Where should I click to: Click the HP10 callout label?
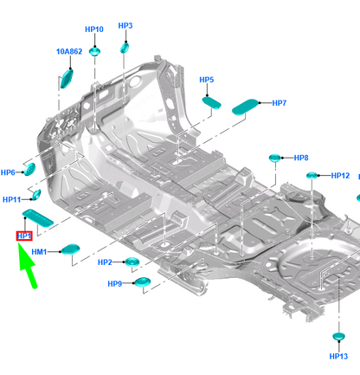(94, 29)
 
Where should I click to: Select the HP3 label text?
(125, 26)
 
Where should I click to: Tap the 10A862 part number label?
(69, 52)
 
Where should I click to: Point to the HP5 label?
(207, 80)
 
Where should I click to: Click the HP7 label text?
(280, 103)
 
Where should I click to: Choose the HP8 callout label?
(301, 158)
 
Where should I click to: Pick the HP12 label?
(340, 176)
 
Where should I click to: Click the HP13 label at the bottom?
(338, 356)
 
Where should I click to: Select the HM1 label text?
(39, 252)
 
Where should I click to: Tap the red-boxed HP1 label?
(24, 236)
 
